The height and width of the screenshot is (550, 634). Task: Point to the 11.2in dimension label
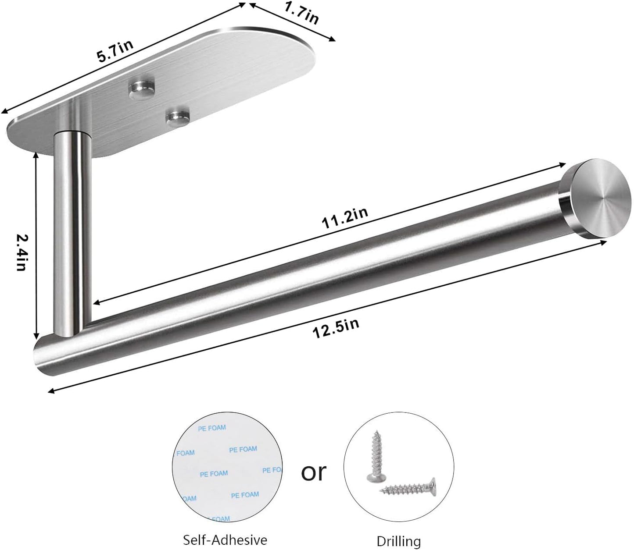click(x=344, y=218)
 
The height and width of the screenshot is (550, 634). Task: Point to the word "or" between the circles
click(x=314, y=472)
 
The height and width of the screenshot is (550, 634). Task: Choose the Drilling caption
click(x=398, y=541)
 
